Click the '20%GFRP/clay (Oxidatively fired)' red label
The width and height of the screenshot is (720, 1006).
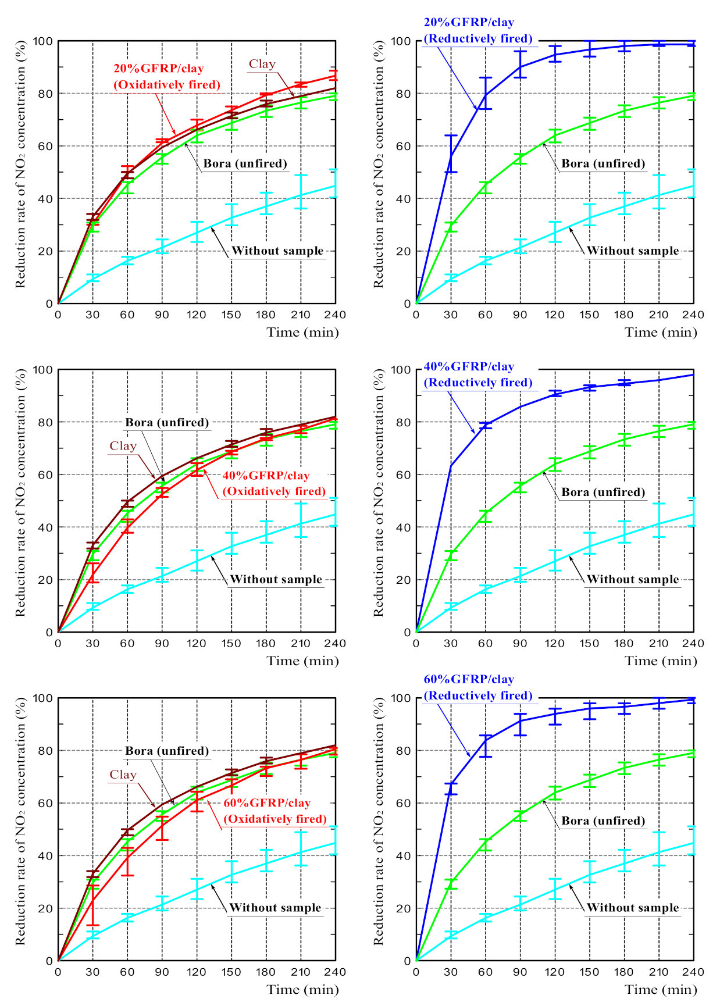166,77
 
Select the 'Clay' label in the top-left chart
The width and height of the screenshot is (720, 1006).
262,65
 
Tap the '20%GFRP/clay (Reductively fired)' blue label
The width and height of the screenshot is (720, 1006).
477,31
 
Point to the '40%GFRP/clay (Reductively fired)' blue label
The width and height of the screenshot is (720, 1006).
477,374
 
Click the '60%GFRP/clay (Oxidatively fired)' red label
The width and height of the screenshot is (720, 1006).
275,811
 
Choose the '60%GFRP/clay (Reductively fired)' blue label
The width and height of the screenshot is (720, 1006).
477,687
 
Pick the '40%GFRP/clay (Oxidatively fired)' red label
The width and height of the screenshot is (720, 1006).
273,483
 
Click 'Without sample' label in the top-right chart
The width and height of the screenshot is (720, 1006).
632,251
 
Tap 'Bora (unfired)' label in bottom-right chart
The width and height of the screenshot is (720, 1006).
603,821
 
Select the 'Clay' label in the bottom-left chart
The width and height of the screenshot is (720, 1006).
123,775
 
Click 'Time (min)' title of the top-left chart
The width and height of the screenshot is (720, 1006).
302,332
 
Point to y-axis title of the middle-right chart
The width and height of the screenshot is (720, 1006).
379,493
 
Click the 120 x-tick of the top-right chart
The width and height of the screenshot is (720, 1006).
554,315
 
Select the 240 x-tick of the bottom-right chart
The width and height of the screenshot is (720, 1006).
693,972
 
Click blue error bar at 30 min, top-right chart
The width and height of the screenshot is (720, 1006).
451,154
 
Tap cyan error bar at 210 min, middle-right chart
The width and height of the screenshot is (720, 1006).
659,520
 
